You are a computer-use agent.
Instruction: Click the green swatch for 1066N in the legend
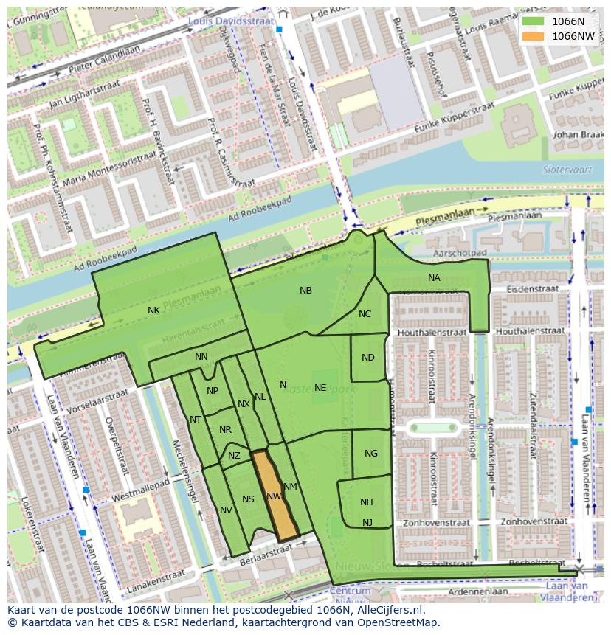click(533, 21)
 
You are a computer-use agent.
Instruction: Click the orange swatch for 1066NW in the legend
click(533, 35)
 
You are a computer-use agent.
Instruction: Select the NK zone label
click(153, 310)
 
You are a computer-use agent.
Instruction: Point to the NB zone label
click(305, 291)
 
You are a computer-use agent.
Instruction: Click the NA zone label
click(434, 278)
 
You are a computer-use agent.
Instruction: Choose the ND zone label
click(368, 358)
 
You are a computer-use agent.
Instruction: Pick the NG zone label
click(371, 454)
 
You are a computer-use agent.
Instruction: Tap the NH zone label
click(367, 502)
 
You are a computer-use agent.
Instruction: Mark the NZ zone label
click(234, 456)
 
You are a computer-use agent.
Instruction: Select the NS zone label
click(248, 499)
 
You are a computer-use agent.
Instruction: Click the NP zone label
click(213, 391)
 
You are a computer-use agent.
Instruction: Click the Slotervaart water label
click(564, 169)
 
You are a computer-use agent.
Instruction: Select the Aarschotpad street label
click(460, 252)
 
